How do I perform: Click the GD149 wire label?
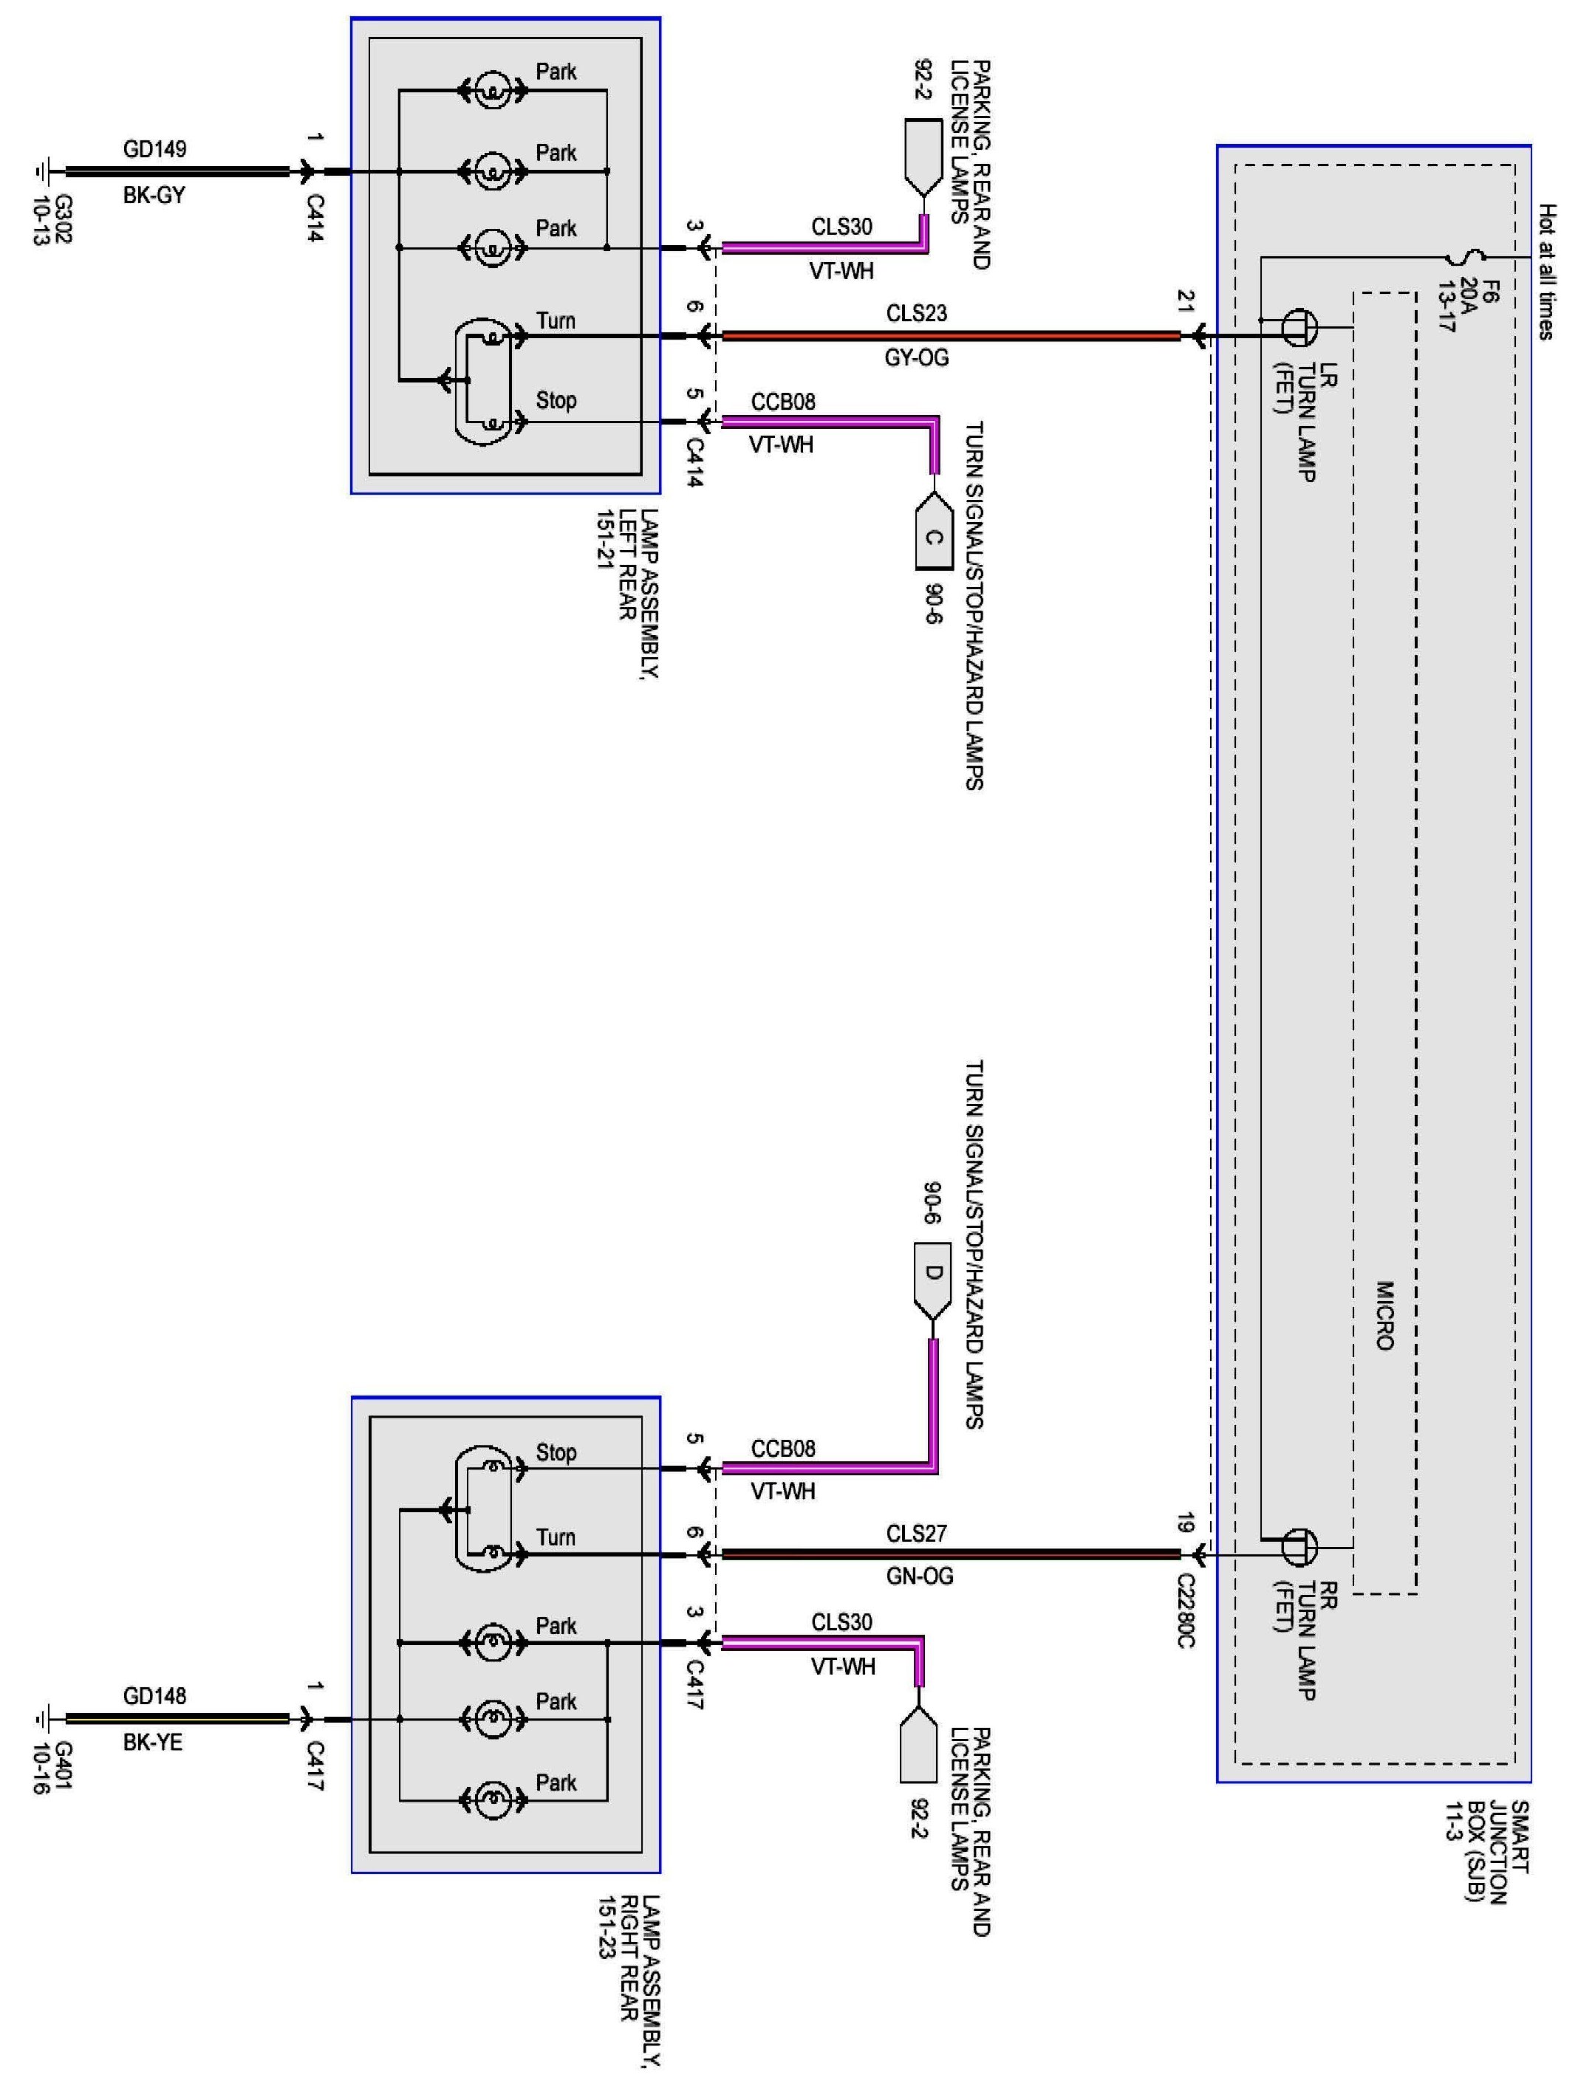154,149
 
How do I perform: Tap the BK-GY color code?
154,195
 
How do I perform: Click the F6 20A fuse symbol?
1466,256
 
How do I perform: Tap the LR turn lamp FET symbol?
1298,327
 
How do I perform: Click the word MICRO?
1384,1315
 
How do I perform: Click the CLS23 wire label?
916,313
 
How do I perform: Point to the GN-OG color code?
918,1576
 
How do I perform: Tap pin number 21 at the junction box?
1186,301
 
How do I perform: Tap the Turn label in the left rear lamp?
556,320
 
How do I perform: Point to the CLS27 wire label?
916,1533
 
